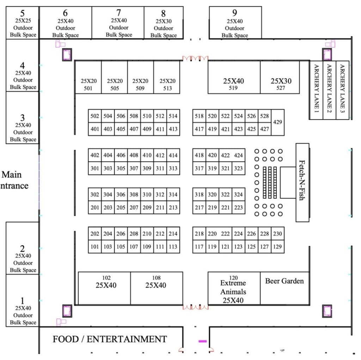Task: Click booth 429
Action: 278,122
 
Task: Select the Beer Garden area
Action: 285,288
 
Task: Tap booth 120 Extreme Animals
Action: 234,288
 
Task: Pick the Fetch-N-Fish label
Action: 302,180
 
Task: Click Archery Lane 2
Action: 330,90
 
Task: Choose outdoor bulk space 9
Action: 235,23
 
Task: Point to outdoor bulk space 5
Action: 22,23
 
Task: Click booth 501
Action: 88,77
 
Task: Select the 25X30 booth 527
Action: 280,77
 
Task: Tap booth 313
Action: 173,168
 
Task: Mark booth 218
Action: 199,234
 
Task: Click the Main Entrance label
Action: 14,180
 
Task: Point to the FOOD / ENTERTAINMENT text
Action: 110,339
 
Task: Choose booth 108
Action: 157,288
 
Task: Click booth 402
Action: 94,155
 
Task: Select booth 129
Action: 278,247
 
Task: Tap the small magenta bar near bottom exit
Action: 203,341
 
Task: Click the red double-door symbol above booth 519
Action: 195,58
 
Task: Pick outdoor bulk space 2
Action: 22,248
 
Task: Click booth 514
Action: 173,116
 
